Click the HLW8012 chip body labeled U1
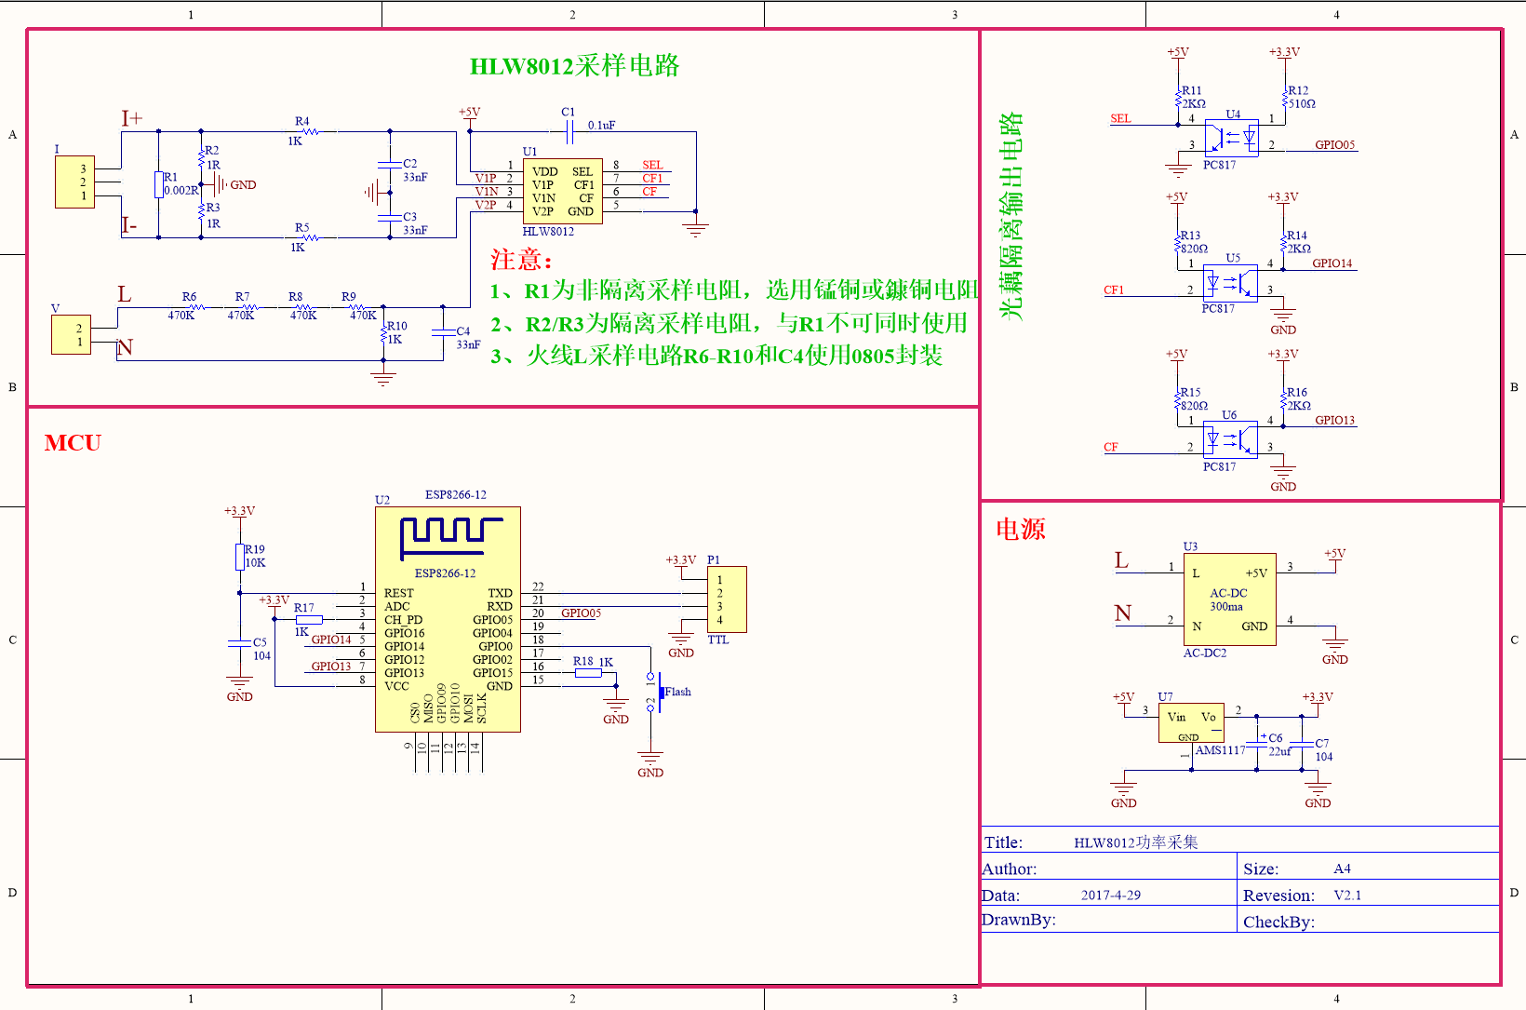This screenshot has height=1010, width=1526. pos(562,191)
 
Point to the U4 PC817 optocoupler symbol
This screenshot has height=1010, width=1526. pos(1231,138)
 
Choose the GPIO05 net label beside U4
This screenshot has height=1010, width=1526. pos(1334,145)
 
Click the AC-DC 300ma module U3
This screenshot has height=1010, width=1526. pos(1229,599)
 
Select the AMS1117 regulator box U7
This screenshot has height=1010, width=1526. pos(1190,722)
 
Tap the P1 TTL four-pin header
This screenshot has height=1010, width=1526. pos(726,599)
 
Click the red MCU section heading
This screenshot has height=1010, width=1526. pos(73,443)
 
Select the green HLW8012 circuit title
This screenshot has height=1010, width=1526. pos(574,66)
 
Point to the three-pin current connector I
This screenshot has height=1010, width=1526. pos(74,182)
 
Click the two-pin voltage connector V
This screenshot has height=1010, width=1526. pos(71,335)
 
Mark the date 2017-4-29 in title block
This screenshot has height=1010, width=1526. pos(1110,896)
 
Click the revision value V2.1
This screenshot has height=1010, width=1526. pos(1346,896)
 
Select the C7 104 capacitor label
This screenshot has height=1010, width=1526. pos(1322,750)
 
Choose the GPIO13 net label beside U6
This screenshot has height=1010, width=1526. pos(1334,421)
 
